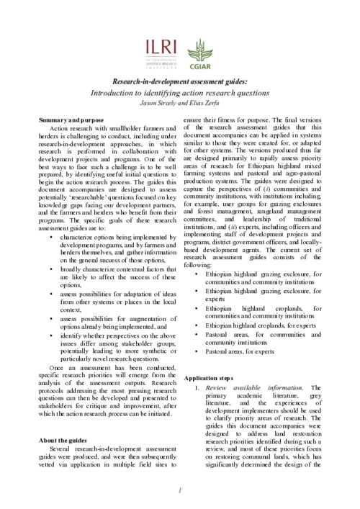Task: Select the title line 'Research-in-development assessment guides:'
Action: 179,83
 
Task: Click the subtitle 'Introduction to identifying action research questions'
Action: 179,94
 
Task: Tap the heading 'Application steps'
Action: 210,377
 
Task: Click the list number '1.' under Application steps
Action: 197,388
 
